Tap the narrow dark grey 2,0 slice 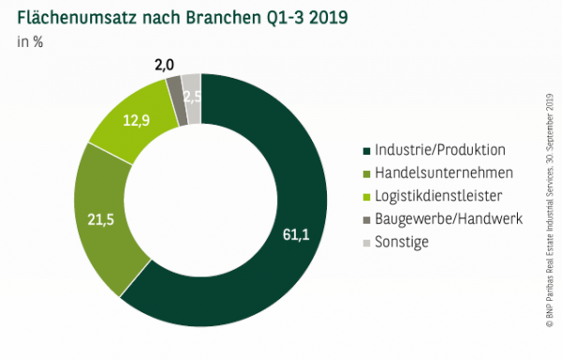click(x=173, y=87)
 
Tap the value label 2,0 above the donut click(x=165, y=65)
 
